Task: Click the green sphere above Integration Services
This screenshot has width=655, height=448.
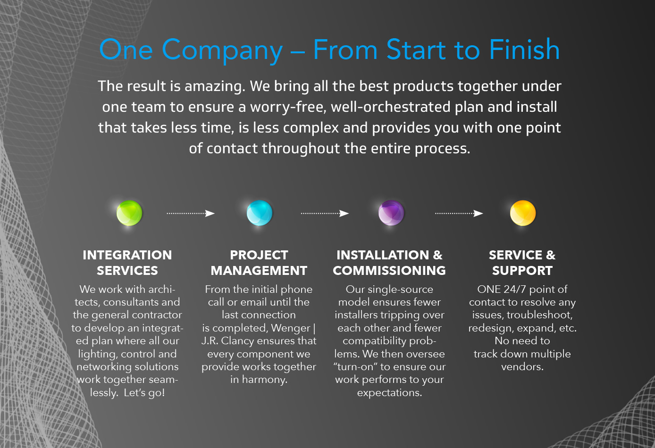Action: tap(129, 213)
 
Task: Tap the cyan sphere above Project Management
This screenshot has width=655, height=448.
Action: tap(260, 213)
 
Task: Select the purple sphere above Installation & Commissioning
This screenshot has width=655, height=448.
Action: tap(391, 213)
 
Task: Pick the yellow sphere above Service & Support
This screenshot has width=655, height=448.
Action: tap(523, 213)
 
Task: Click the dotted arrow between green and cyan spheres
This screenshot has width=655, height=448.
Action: tap(191, 213)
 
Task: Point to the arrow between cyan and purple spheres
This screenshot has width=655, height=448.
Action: tap(325, 213)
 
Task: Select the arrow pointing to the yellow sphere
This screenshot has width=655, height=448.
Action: tap(459, 213)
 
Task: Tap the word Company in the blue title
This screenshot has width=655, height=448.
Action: tap(222, 50)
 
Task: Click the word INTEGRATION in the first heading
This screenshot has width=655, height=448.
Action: tap(127, 255)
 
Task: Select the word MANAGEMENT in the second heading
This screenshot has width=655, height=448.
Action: tap(259, 271)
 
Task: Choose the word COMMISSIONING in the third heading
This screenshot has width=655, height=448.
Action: tap(389, 271)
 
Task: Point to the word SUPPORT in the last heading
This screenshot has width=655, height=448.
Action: tap(522, 271)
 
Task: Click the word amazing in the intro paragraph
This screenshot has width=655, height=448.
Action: tap(215, 87)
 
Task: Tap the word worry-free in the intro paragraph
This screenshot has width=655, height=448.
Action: tap(288, 107)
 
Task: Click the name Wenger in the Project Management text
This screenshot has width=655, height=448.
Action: tap(290, 328)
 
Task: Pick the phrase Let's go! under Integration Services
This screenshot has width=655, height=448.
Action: tap(144, 393)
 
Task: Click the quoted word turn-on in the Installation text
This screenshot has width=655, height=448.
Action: tap(355, 367)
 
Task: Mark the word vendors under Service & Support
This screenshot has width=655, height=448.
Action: tap(522, 367)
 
